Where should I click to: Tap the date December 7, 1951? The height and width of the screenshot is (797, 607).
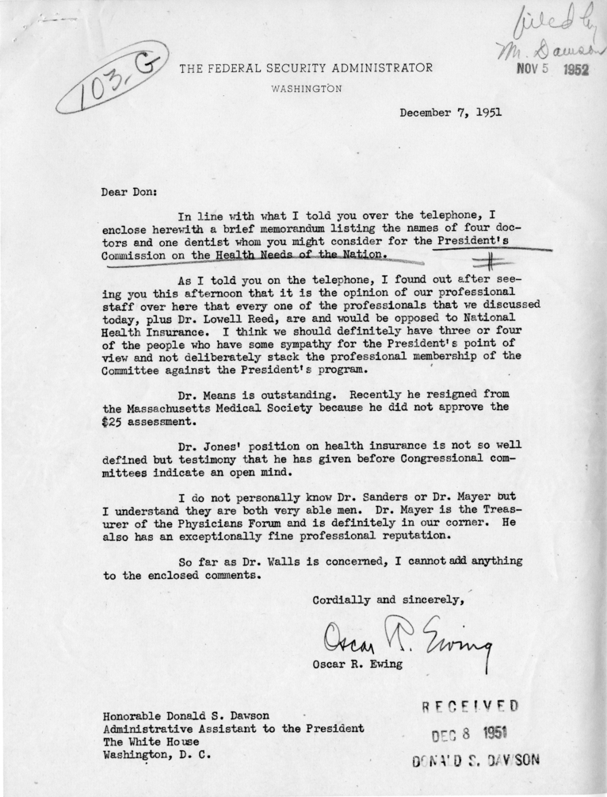point(450,113)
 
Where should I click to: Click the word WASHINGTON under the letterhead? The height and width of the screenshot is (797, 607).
point(307,89)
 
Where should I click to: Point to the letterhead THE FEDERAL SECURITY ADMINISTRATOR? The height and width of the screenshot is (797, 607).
point(306,68)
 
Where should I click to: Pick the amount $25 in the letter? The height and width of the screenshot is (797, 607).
point(115,423)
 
